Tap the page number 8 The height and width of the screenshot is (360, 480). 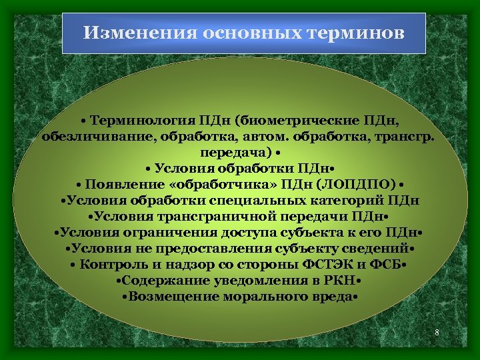point(436,331)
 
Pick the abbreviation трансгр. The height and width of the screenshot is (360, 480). point(406,137)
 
